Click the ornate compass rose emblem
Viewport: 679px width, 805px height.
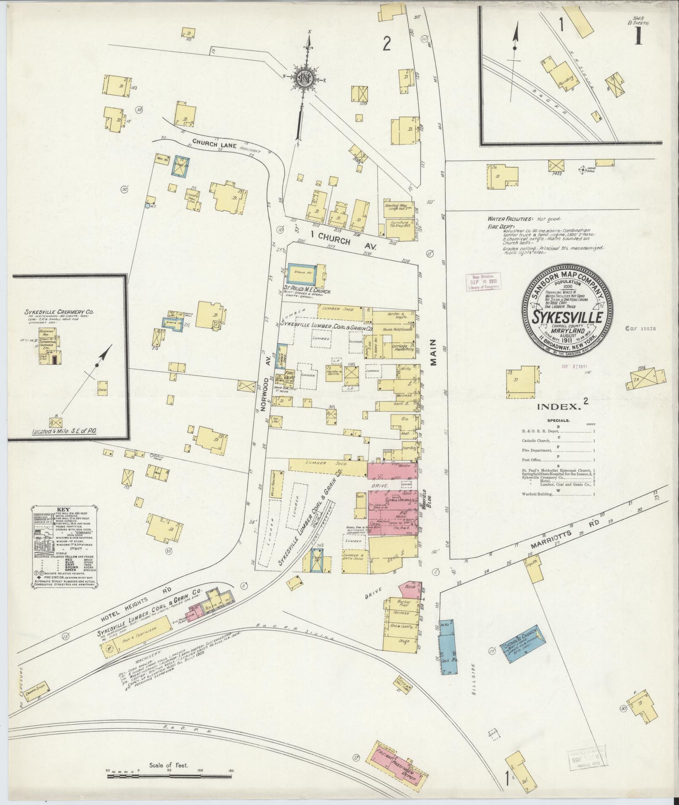tap(304, 78)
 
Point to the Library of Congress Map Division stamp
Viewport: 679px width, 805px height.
tap(484, 282)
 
